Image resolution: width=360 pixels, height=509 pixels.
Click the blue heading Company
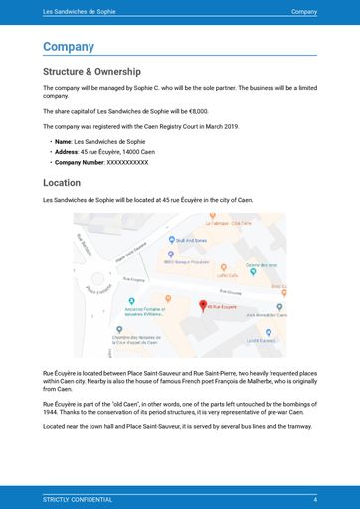69,47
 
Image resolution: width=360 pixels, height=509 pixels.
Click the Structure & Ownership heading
91,72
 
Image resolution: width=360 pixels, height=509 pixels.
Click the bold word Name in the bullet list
63,142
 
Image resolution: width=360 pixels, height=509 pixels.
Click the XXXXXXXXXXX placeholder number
127,161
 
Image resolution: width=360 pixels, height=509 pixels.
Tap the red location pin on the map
203,305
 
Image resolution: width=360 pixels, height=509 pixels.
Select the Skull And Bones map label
192,240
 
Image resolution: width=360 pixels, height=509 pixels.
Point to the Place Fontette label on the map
97,290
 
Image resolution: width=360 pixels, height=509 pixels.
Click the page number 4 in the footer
314,498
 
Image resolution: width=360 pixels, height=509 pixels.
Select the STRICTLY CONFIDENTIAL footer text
78,498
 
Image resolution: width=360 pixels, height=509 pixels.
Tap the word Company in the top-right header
304,11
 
